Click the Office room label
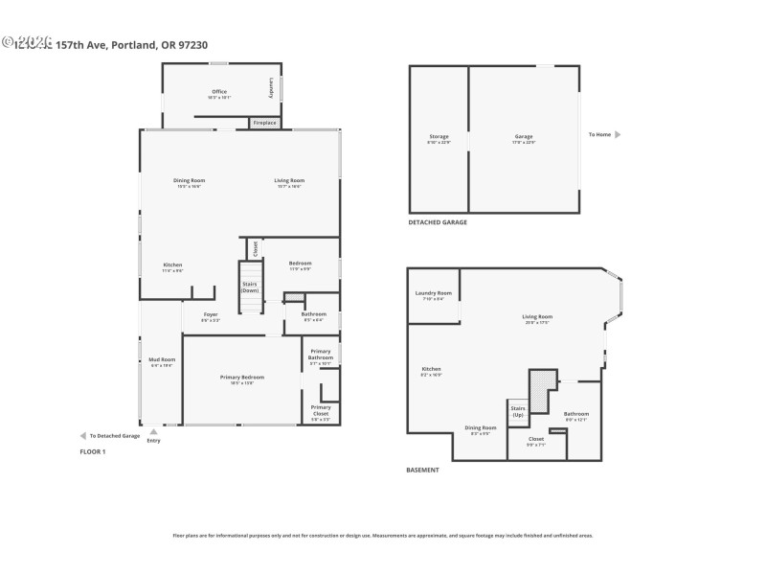219,92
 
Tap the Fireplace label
264,123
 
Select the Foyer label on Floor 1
211,314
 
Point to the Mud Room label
162,359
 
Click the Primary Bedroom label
242,378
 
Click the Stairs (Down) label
250,286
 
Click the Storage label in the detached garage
439,137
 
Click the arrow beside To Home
618,134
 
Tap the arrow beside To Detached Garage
82,435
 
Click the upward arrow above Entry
153,431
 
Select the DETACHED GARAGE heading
438,222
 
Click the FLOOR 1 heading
92,451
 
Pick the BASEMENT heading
423,470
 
